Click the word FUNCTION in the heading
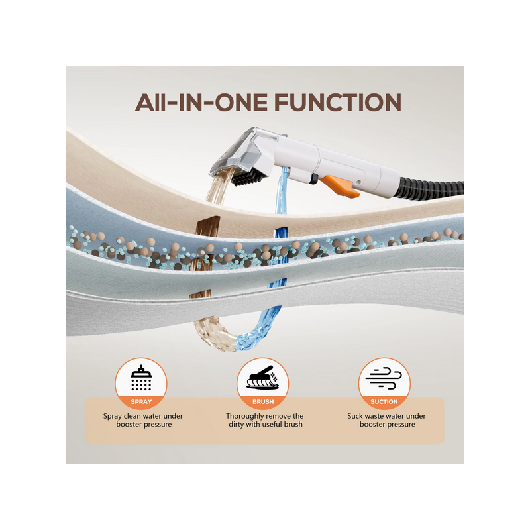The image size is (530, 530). coord(338,103)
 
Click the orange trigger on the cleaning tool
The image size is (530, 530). coord(339,186)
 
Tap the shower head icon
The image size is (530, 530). coord(141,378)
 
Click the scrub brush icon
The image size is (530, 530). coord(262,378)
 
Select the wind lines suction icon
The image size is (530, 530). coord(384,378)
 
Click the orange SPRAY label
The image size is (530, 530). coord(141,402)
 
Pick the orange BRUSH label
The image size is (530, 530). coord(263,402)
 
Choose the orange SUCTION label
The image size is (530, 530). coord(384,402)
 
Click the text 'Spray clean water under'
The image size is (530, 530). coord(143,416)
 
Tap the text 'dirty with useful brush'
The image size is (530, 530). coord(266,425)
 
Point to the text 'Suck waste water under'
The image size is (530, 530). coord(386,416)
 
